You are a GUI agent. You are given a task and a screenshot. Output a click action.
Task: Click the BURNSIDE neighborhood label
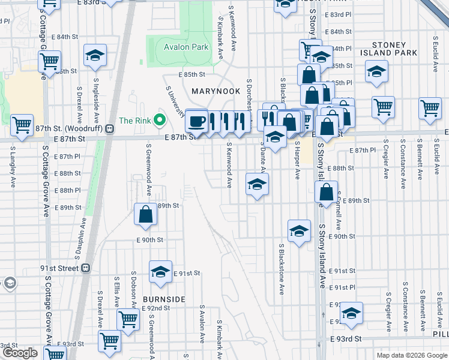pyautogui.click(x=164, y=299)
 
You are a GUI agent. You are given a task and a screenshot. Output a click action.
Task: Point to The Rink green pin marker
pyautogui.click(x=159, y=121)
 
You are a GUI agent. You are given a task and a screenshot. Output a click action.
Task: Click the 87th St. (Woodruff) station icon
pyautogui.click(x=109, y=128)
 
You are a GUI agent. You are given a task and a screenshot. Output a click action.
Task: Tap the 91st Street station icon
pyautogui.click(x=86, y=268)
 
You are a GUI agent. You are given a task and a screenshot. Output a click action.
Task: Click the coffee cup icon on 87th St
pyautogui.click(x=196, y=122)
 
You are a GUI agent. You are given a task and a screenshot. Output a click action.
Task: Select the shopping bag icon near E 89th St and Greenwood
pyautogui.click(x=146, y=214)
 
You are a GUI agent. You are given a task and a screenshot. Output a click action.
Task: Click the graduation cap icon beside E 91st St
pyautogui.click(x=160, y=272)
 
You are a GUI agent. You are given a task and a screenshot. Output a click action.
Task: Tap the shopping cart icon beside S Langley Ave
pyautogui.click(x=22, y=126)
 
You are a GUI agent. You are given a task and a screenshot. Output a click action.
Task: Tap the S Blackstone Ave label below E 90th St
pyautogui.click(x=281, y=269)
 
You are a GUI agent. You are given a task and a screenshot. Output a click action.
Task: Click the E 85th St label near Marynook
pyautogui.click(x=191, y=75)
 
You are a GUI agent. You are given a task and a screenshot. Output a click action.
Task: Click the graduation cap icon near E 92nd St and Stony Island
pyautogui.click(x=352, y=313)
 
